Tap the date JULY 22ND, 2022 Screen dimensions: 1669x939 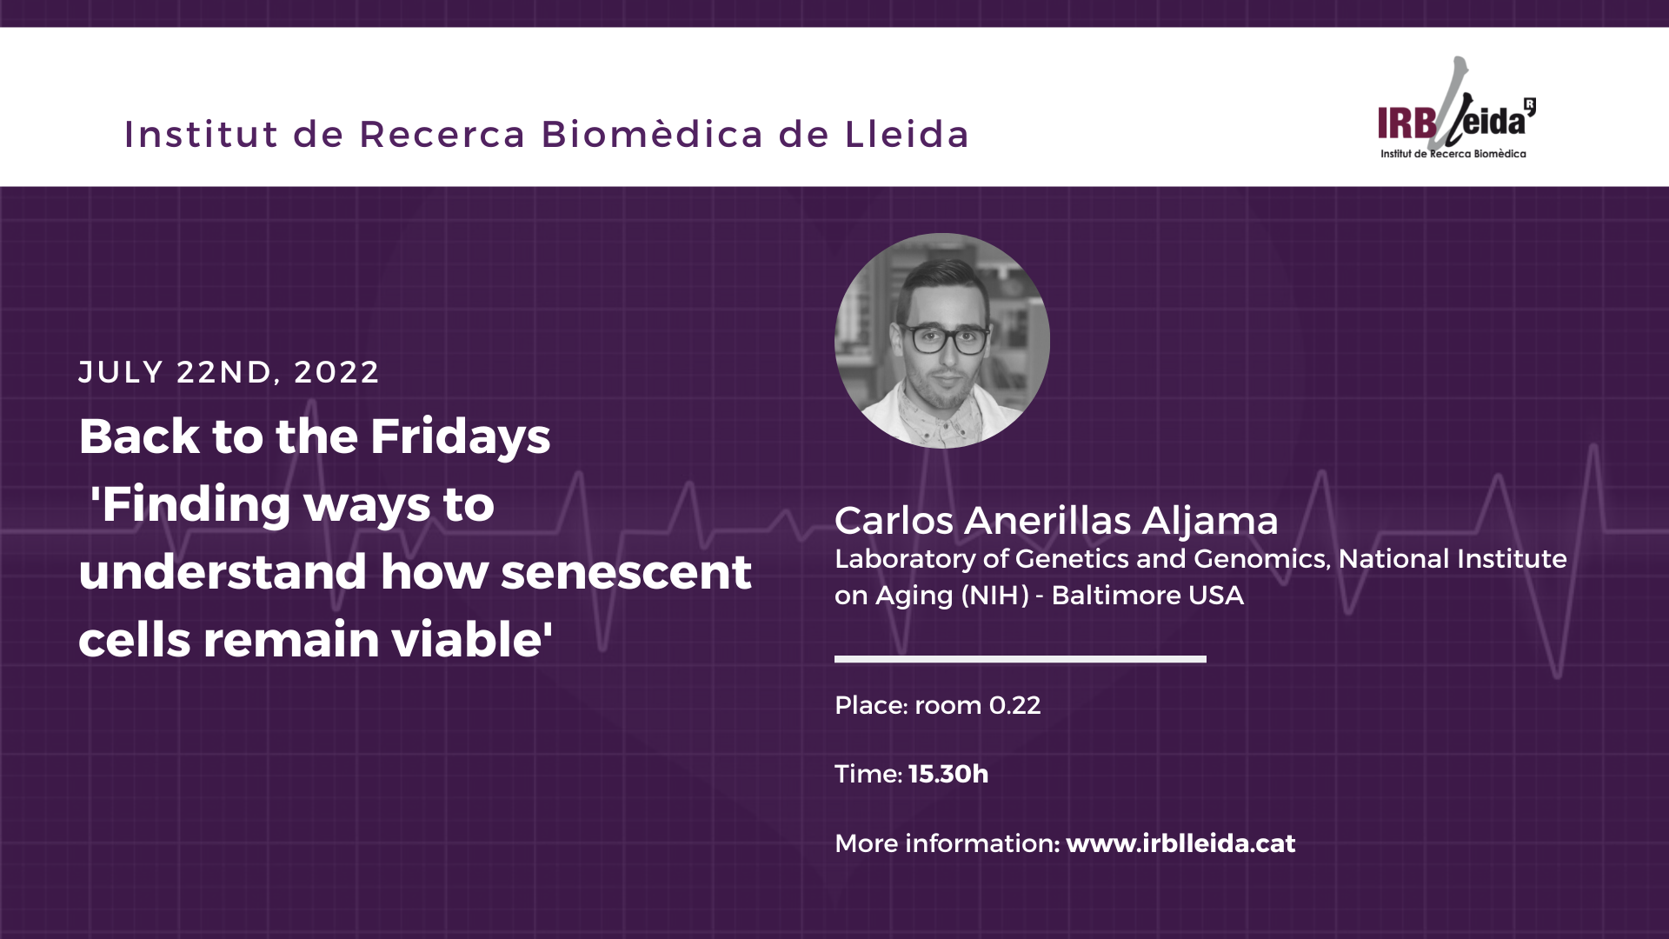tap(229, 372)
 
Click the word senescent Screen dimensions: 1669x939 tap(626, 572)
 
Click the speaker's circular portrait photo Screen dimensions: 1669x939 tap(942, 341)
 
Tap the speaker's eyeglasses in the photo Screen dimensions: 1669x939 tap(945, 337)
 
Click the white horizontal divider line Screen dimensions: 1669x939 tap(1021, 659)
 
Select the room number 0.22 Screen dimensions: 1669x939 tap(1014, 705)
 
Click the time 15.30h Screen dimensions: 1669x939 tap(948, 774)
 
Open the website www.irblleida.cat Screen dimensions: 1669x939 tap(1180, 843)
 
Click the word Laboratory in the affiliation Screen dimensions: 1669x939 tap(905, 559)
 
